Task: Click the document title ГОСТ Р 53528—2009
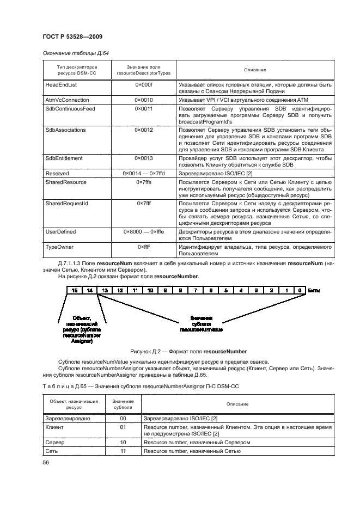(72, 36)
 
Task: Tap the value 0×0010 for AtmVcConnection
(144, 100)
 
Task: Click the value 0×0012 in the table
(144, 131)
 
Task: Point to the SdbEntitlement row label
(64, 158)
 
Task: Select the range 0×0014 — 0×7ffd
(144, 173)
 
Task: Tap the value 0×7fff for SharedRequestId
(144, 203)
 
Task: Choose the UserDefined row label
(60, 231)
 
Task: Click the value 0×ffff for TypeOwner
(144, 247)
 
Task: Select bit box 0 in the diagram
(299, 291)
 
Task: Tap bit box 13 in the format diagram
(105, 291)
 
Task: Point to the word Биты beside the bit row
(314, 291)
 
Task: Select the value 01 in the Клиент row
(123, 428)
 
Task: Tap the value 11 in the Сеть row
(123, 452)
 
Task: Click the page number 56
(46, 462)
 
